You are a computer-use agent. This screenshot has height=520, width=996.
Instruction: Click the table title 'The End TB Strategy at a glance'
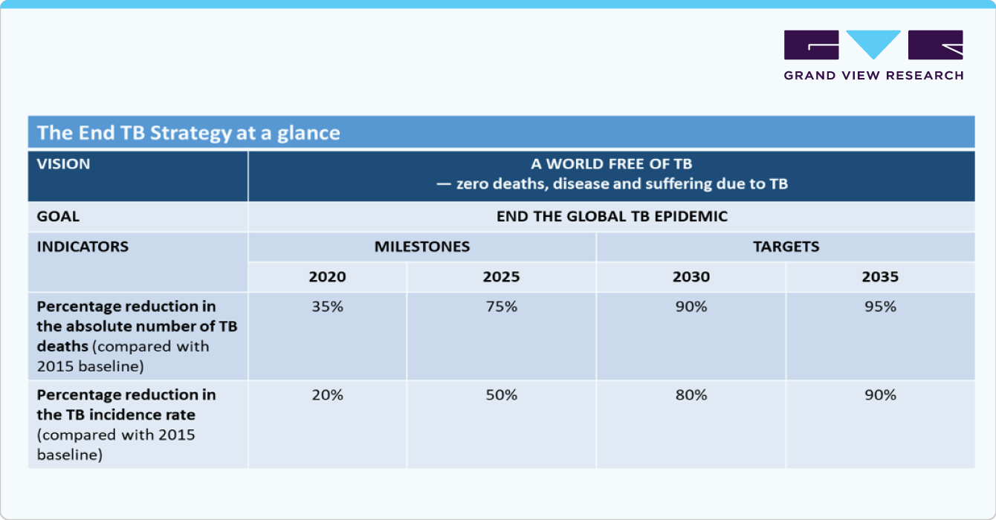point(189,133)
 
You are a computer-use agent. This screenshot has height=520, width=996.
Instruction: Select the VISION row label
point(63,164)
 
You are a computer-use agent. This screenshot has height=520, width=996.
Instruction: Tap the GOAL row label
point(58,217)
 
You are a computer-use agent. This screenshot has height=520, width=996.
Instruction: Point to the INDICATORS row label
point(83,247)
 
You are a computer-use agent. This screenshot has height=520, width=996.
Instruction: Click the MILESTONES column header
point(421,247)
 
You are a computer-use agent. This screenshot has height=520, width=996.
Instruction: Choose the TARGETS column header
point(786,247)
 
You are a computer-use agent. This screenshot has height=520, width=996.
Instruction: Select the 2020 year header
point(327,277)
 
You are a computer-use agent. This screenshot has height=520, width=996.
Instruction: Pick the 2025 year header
point(501,277)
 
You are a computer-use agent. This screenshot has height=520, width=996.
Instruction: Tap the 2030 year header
point(691,277)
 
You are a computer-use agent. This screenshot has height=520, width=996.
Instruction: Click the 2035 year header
point(880,277)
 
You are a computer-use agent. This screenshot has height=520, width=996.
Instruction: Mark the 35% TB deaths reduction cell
point(327,306)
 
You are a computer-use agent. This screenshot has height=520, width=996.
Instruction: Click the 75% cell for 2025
point(501,306)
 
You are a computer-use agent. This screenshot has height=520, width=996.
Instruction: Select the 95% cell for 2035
point(880,306)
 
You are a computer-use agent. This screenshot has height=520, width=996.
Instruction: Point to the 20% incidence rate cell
point(327,395)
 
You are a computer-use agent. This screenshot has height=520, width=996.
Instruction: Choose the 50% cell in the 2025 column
point(501,395)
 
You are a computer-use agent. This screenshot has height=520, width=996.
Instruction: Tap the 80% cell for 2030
point(691,395)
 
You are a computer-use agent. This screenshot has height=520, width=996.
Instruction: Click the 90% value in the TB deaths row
point(691,306)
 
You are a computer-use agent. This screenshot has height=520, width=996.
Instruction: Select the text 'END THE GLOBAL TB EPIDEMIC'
point(611,217)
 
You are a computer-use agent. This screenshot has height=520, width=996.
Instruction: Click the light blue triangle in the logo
point(873,43)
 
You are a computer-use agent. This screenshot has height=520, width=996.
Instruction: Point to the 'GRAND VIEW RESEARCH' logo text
point(873,75)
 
